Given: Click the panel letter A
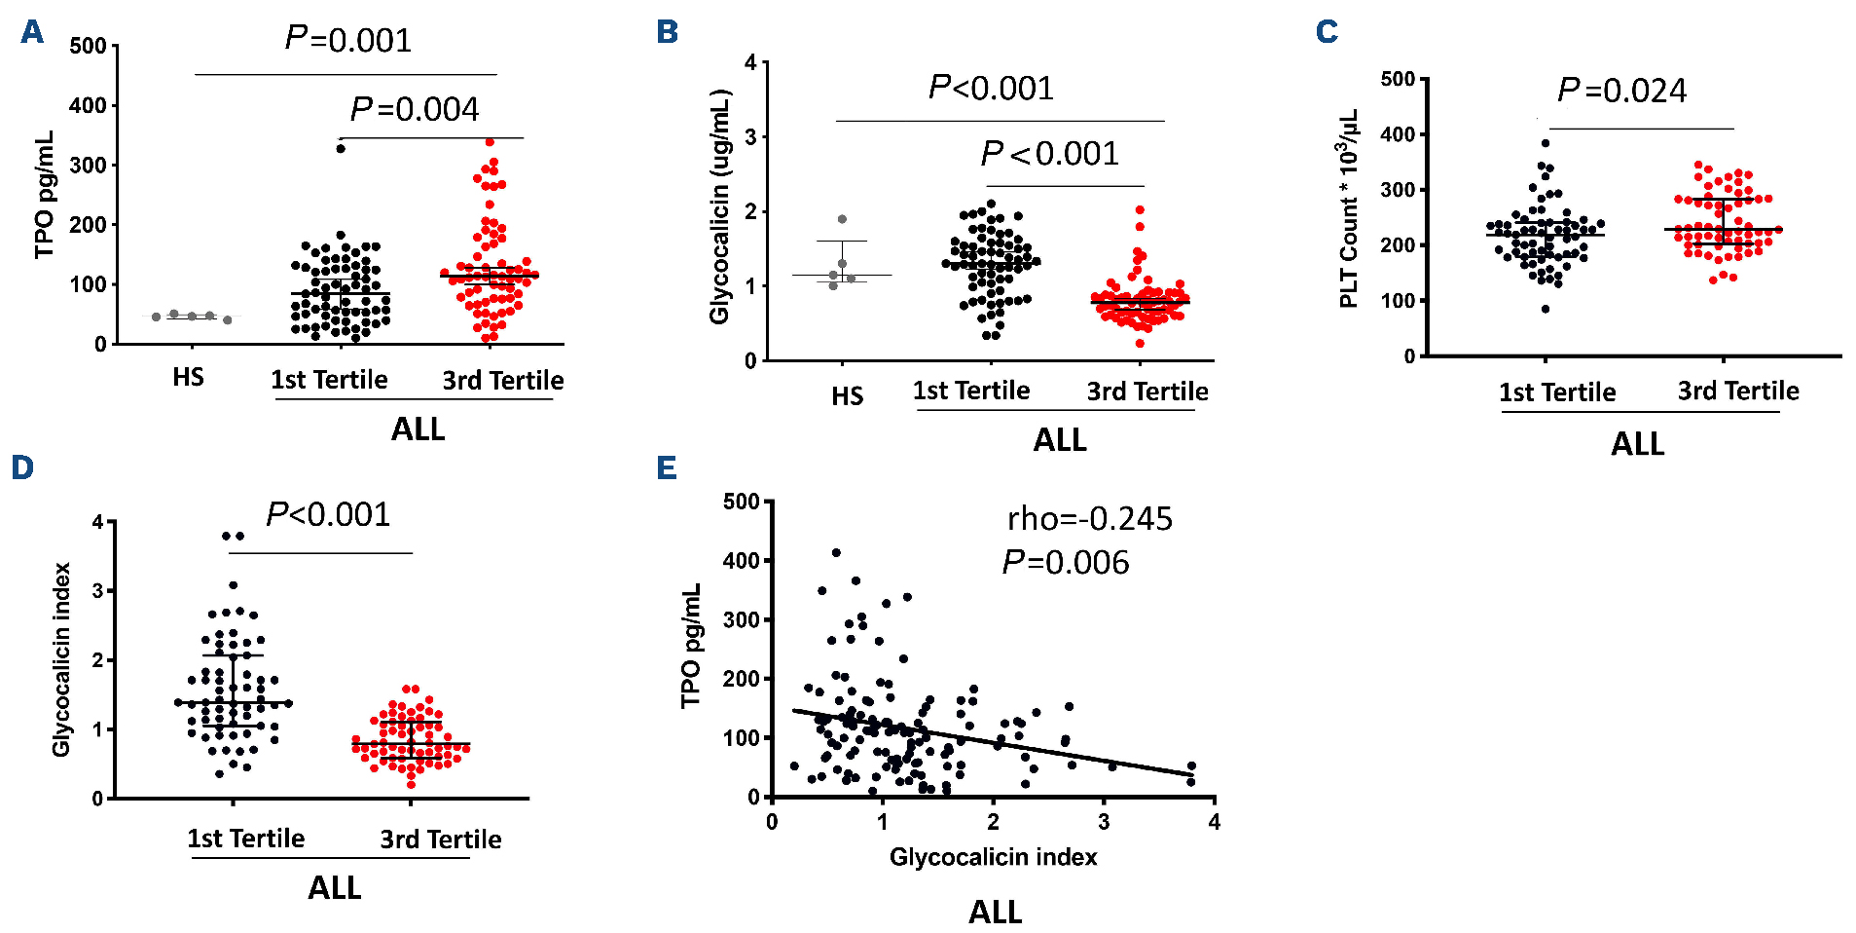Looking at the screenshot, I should pos(32,32).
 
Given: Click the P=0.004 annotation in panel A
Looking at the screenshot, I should pos(415,109).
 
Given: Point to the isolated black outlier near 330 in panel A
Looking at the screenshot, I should pos(341,148).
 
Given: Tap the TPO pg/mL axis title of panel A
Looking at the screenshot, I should pos(45,195).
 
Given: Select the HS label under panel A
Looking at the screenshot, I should pos(188,378).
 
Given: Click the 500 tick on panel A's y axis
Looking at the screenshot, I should pos(88,46).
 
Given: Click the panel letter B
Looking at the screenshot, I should pos(667,32).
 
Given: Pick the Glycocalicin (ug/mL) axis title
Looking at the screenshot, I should pos(719,206).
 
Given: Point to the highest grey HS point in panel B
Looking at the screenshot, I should pos(842,219).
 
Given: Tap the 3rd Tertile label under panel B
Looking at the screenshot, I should pos(1147,392).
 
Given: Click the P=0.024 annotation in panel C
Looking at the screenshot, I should pos(1621,91).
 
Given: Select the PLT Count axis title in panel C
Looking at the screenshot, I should pos(1349,209).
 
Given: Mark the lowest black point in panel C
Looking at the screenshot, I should pos(1546,309).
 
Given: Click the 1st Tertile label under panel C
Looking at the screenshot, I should pos(1557,392).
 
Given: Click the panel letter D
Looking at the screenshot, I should pos(22,467).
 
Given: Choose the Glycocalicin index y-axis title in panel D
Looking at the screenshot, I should pos(61,659).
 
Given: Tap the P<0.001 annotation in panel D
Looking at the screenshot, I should pos(328,514).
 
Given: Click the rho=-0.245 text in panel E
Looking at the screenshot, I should pos(1089,519).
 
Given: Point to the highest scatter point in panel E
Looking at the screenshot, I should pos(836,552).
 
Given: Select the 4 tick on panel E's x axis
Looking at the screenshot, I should pos(1214,822).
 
